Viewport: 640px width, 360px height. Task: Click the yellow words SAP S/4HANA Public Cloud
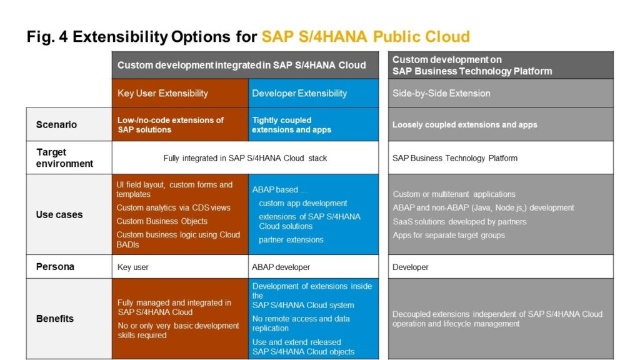pos(366,37)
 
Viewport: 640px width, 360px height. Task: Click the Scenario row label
pos(56,124)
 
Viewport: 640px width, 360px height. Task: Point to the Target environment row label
pos(64,158)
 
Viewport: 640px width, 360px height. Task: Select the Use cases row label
pos(59,215)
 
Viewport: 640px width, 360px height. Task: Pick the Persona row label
pos(55,267)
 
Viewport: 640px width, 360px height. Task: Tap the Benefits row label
pos(55,319)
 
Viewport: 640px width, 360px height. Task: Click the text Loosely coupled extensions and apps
pos(464,125)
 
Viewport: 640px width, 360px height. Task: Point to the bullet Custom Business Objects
pos(162,221)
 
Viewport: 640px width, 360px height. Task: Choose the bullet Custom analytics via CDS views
pos(173,207)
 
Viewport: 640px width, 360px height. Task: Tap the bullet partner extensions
pos(291,240)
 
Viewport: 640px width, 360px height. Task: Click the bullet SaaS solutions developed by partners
pos(459,222)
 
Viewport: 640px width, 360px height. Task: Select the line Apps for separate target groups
pos(449,236)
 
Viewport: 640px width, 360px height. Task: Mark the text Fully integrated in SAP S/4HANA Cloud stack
pos(245,158)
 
